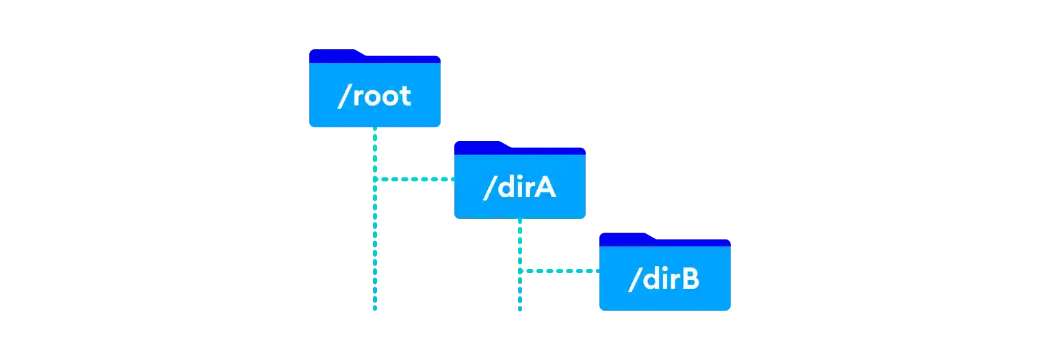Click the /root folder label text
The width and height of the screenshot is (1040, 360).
[374, 97]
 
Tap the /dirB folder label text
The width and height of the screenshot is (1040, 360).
[664, 279]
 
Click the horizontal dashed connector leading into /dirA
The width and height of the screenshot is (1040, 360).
[415, 181]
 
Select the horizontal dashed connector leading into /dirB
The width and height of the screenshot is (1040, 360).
[559, 272]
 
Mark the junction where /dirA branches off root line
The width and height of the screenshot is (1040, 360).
[375, 181]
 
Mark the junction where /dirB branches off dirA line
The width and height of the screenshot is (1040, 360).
[520, 272]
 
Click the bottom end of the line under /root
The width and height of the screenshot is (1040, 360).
[375, 309]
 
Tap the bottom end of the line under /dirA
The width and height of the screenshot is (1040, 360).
[520, 309]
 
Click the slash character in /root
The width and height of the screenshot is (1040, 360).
[343, 97]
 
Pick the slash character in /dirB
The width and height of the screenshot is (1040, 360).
[633, 279]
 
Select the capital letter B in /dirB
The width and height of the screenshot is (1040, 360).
[690, 279]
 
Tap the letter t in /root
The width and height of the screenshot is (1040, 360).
[405, 97]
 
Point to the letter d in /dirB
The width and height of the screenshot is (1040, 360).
[647, 279]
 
